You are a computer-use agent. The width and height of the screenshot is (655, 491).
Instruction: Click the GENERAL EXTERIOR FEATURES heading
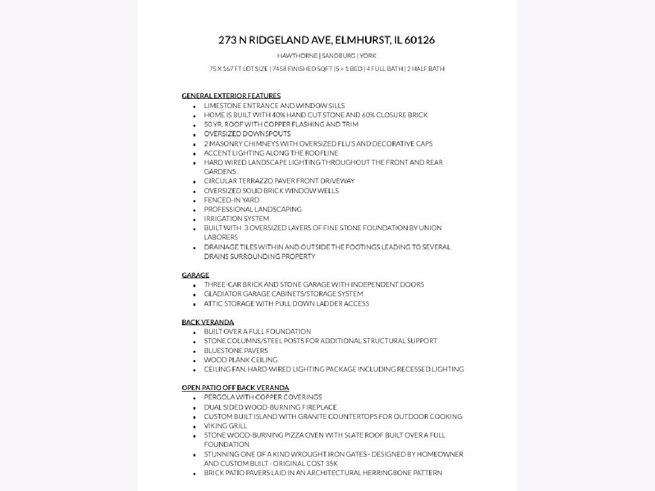click(x=231, y=95)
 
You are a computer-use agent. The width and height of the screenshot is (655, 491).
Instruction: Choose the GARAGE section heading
click(x=195, y=275)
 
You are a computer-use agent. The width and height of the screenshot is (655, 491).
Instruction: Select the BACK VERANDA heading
click(x=207, y=322)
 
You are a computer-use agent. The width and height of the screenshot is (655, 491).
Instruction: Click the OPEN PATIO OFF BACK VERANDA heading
click(x=235, y=387)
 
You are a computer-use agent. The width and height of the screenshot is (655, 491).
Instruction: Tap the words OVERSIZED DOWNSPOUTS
click(x=247, y=134)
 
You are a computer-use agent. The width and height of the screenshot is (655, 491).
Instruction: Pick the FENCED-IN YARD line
click(x=231, y=200)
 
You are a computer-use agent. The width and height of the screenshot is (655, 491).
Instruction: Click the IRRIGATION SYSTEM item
click(x=236, y=218)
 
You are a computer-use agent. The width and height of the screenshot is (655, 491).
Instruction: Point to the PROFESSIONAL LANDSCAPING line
click(x=253, y=209)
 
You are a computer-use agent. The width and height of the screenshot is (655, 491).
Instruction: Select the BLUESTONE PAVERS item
click(x=236, y=350)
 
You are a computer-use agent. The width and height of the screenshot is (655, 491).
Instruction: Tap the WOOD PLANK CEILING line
click(x=241, y=360)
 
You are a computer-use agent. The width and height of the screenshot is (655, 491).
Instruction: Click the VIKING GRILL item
click(x=225, y=426)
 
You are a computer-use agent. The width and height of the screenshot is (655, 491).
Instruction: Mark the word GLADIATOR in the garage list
click(x=222, y=294)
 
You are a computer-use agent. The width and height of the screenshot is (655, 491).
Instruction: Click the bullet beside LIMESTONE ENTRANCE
click(x=194, y=106)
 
